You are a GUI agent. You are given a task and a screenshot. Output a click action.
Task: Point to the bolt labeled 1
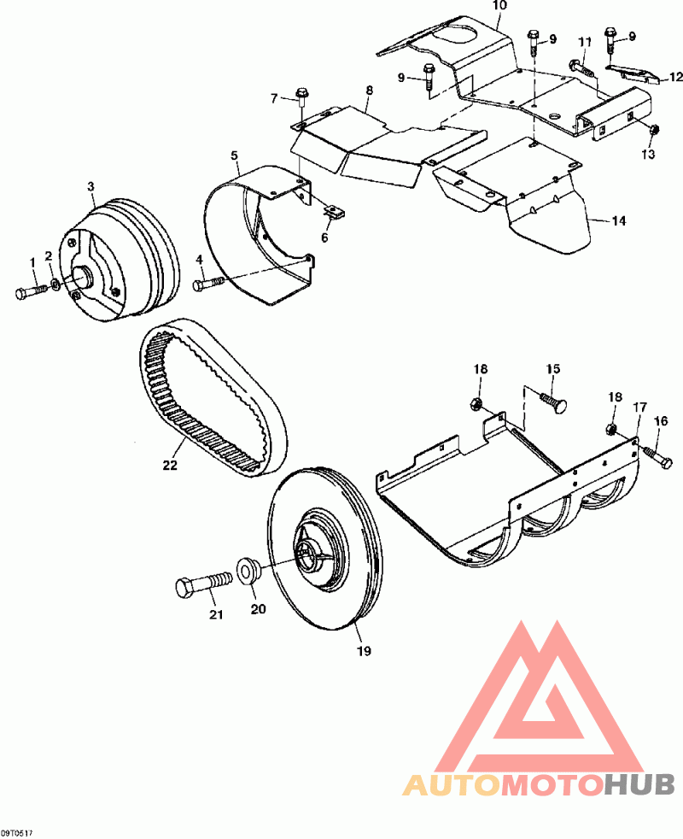pos(27,291)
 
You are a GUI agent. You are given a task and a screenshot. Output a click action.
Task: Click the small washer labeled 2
pos(55,283)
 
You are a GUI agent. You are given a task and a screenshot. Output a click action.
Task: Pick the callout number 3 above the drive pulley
pos(91,186)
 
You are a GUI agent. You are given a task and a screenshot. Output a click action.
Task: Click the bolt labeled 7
pos(301,97)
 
